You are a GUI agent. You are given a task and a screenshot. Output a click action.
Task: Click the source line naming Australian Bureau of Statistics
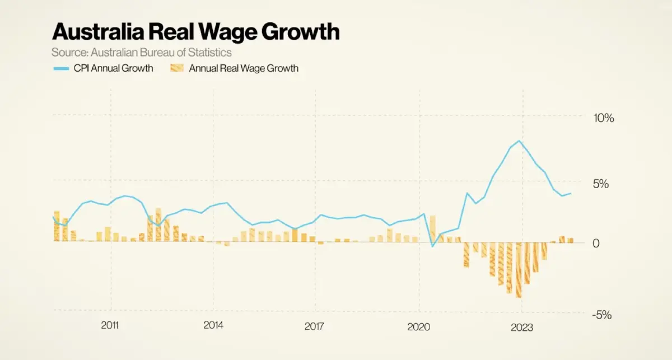tap(142, 53)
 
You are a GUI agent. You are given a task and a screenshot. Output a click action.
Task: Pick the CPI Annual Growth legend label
tap(114, 68)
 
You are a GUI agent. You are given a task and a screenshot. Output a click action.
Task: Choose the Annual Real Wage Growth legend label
tap(244, 68)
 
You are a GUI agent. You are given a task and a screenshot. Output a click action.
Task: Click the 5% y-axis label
tap(600, 184)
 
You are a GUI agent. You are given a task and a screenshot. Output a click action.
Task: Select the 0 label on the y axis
tap(596, 243)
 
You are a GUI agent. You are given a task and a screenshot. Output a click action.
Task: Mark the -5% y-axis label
tap(602, 315)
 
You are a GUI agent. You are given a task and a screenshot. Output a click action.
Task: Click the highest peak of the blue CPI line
tap(520, 141)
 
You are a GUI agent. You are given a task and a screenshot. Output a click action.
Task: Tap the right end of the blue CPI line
tap(571, 194)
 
